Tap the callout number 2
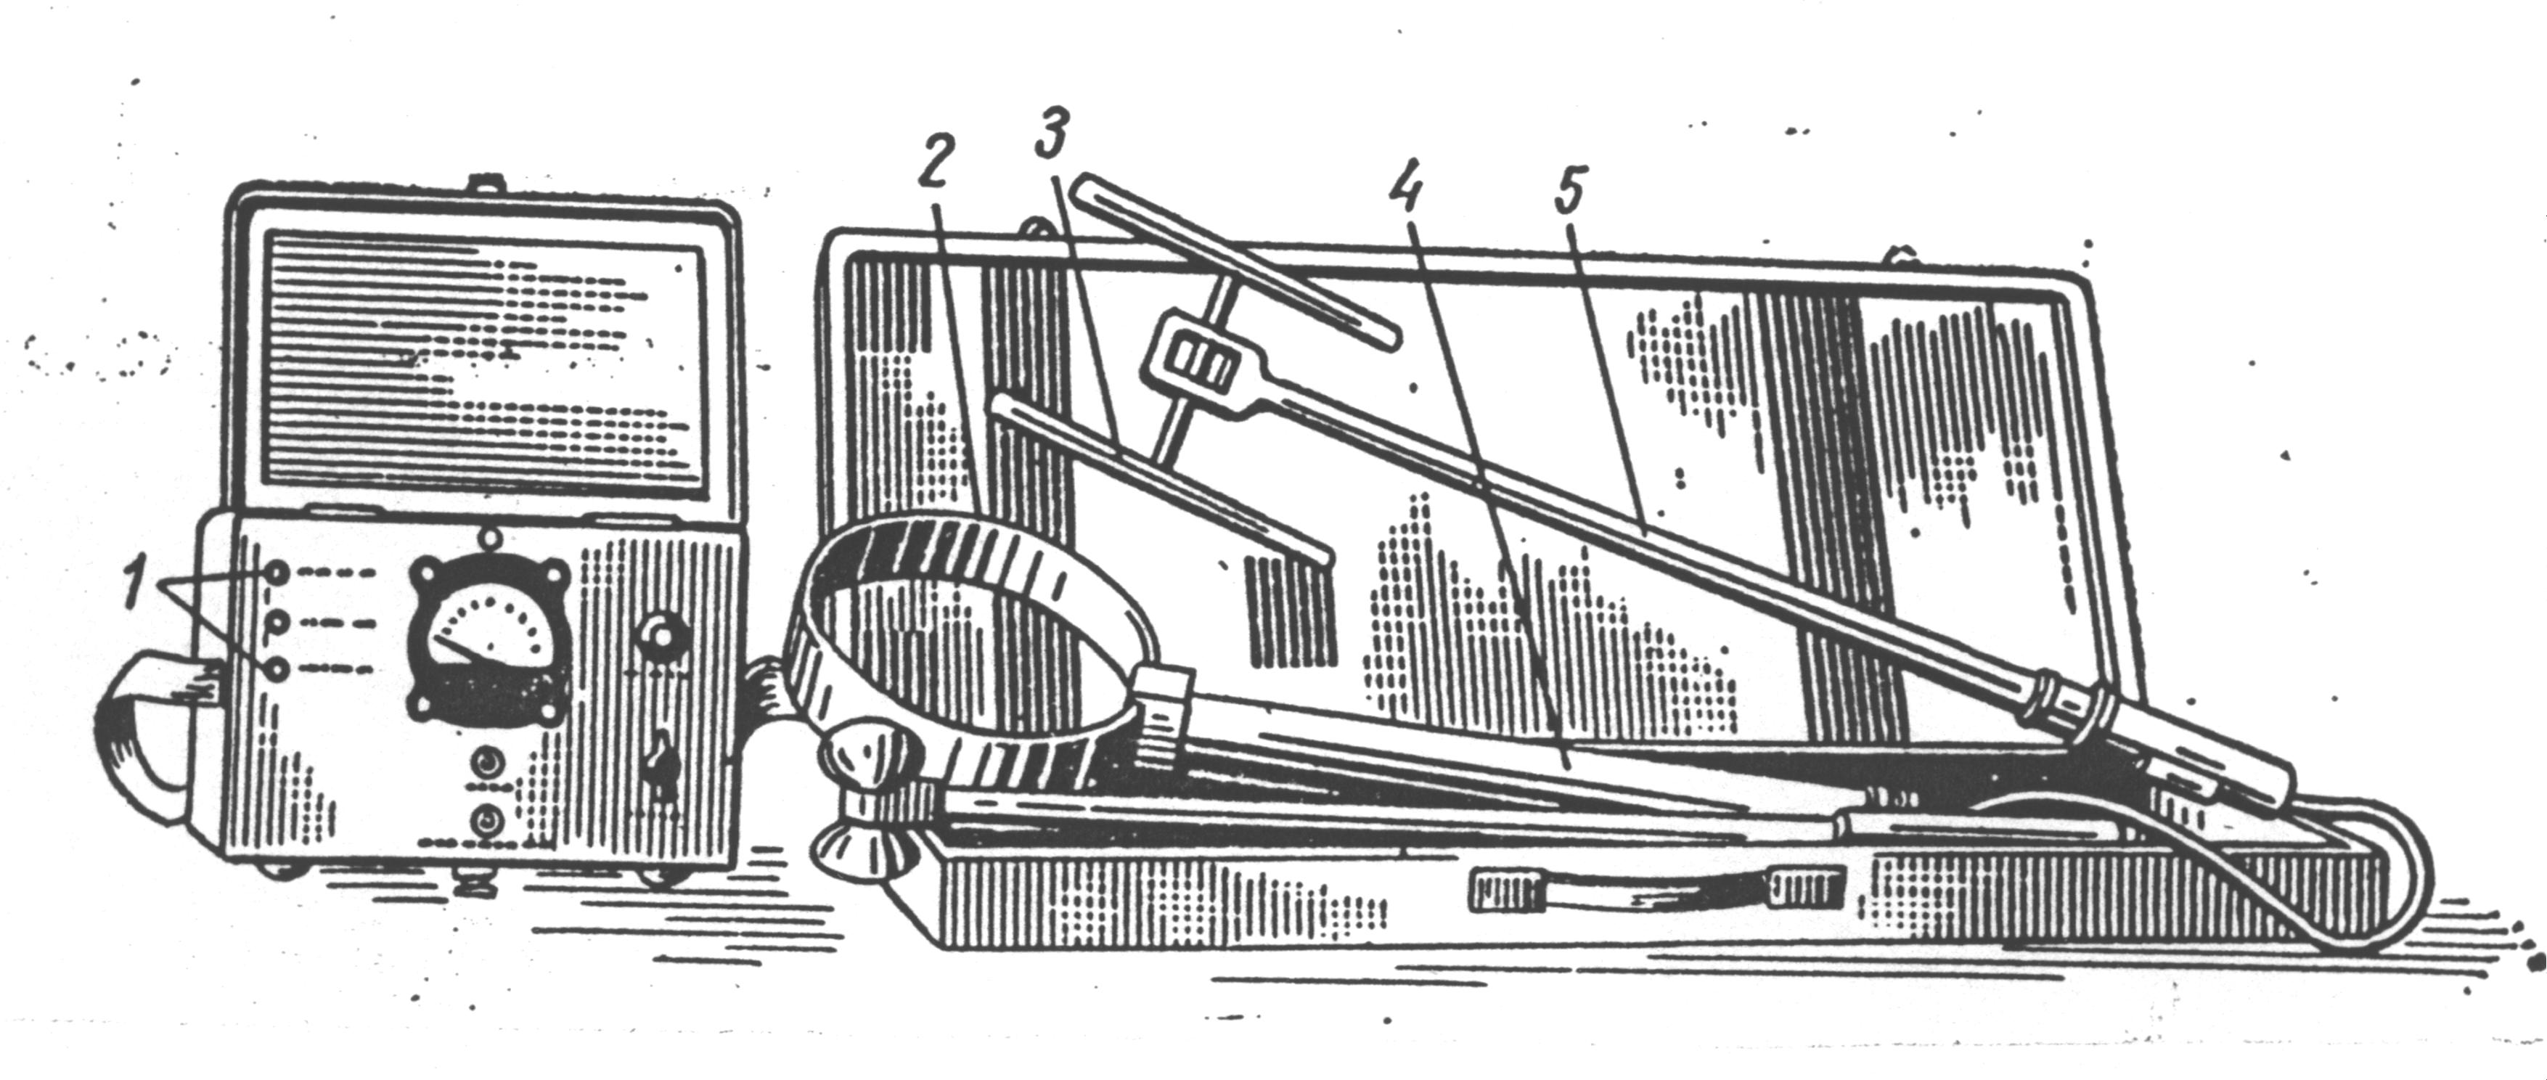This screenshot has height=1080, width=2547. (933, 165)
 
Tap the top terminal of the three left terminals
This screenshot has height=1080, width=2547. (276, 573)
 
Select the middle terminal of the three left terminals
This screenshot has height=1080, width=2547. (276, 622)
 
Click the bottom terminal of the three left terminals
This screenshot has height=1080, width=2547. (276, 670)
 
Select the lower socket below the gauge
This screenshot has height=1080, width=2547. (486, 820)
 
